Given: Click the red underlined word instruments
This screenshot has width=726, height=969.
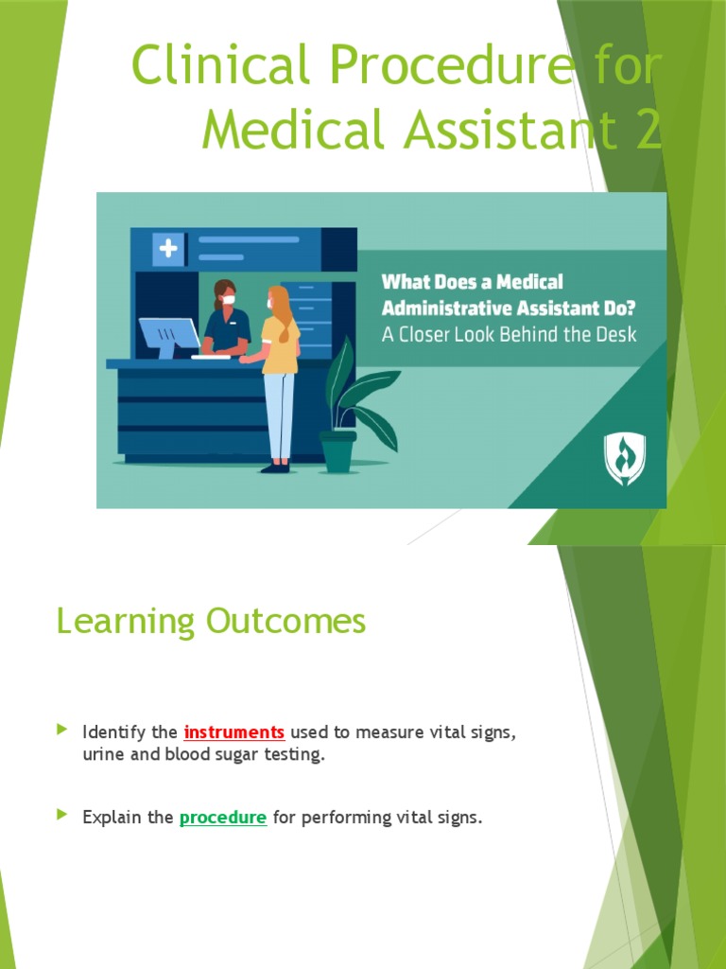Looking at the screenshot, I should coord(234,732).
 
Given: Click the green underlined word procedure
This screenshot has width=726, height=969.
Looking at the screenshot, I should coord(223,818).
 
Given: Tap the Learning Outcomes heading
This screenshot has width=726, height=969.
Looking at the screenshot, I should coord(211,622).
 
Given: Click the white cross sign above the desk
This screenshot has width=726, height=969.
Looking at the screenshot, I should coord(168,249).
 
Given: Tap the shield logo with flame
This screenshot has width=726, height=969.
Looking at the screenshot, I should coord(625,459).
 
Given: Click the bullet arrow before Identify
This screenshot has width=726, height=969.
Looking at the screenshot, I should coord(62,730).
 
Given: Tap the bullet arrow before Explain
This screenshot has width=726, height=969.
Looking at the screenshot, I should coord(62,815).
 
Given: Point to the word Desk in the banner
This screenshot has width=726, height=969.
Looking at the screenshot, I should coord(615,334).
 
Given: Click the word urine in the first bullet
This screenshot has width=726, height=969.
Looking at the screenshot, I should coord(103,756).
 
